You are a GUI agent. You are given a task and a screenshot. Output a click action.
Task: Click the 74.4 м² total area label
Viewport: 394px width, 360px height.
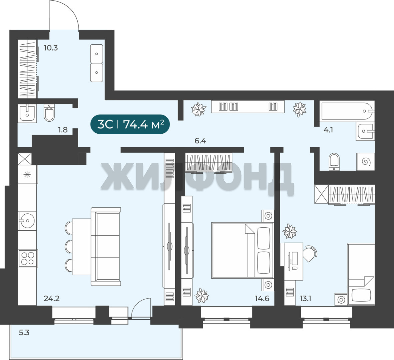[144, 124]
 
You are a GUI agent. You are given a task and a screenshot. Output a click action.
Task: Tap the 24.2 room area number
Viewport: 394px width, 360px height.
[52, 298]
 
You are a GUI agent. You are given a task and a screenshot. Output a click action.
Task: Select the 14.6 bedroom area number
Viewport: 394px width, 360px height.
[262, 298]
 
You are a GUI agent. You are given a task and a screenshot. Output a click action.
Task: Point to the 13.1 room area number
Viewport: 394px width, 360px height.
[305, 298]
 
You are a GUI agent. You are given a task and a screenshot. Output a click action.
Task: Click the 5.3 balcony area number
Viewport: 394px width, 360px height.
[24, 333]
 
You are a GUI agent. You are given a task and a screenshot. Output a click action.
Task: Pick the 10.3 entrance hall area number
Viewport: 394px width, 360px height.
[51, 48]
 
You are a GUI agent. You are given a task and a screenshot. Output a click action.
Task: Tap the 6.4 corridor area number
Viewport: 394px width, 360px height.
[200, 141]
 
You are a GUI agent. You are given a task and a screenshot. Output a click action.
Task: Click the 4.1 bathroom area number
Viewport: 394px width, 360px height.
[328, 130]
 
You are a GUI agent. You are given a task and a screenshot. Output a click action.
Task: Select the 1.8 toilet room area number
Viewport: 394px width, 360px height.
[63, 130]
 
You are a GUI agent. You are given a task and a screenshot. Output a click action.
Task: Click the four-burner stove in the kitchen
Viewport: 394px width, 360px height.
[28, 258]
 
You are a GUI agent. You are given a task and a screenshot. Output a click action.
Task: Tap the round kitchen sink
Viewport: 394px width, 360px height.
[27, 221]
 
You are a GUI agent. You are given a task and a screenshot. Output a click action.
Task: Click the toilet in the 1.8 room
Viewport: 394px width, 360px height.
[49, 113]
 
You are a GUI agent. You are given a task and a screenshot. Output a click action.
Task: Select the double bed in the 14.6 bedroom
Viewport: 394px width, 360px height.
[242, 250]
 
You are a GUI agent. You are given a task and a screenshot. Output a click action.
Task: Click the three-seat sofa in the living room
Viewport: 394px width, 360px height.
[106, 247]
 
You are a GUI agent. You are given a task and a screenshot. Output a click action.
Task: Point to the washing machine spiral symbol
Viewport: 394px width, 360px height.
[365, 162]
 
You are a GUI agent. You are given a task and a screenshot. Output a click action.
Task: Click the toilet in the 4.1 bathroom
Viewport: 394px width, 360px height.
[334, 162]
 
